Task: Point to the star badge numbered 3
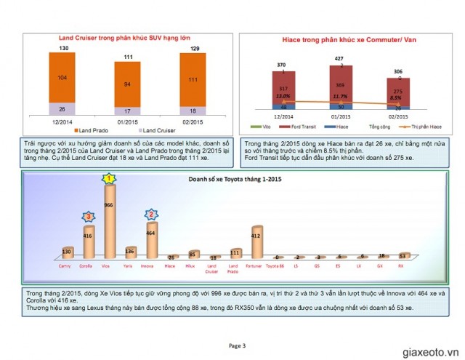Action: [89, 216]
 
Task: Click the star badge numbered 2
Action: [152, 214]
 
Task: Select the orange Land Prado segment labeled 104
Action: [64, 76]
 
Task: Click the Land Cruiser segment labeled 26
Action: [64, 109]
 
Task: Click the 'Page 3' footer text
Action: [238, 345]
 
